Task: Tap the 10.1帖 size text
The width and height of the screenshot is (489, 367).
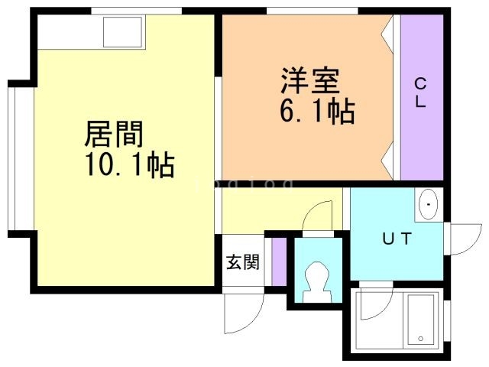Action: coord(130,164)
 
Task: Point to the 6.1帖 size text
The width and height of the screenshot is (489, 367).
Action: coord(316,112)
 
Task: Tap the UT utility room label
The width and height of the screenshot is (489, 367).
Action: coord(397,239)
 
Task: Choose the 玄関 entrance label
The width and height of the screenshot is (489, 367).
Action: coord(241,262)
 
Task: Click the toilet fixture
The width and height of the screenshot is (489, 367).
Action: coord(316,284)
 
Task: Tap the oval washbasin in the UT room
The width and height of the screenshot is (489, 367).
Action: coord(429,205)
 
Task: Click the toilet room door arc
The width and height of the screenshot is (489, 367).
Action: coord(319,214)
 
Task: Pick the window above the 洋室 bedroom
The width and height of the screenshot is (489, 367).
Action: coord(312,11)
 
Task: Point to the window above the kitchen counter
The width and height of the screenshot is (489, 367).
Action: coord(138,11)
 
